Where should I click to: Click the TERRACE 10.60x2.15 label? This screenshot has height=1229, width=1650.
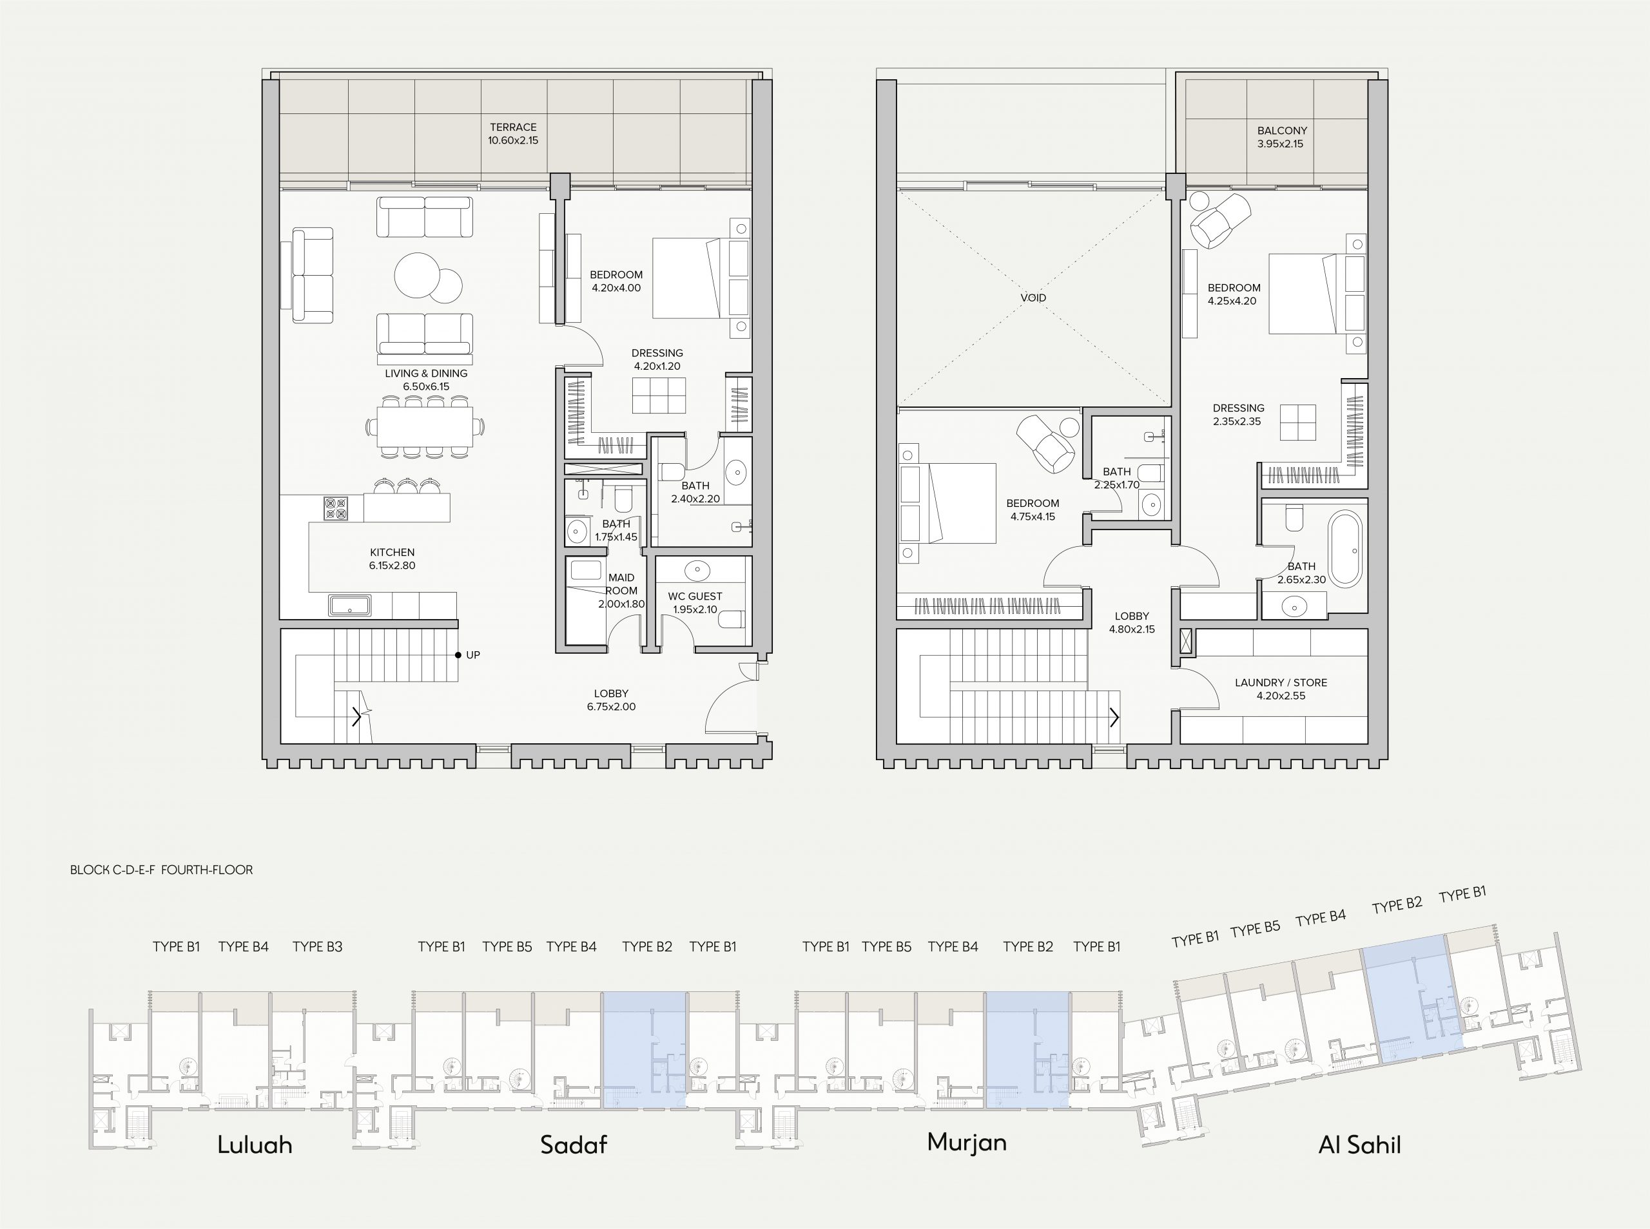[x=513, y=134]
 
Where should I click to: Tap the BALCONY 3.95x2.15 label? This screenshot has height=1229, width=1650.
[x=1281, y=137]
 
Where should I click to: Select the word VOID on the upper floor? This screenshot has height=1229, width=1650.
[x=1033, y=298]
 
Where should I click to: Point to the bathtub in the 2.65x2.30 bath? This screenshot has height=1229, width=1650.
[x=1346, y=549]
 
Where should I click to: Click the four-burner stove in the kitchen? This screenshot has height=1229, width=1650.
[x=336, y=508]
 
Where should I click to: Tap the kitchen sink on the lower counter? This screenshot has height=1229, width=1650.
[x=350, y=605]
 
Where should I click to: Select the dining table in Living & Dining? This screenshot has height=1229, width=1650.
[x=425, y=426]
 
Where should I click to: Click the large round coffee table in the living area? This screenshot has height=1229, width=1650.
[x=418, y=275]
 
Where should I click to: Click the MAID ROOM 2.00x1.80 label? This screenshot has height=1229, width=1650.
[x=621, y=591]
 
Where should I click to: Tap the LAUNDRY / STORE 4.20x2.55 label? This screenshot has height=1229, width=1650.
[x=1281, y=689]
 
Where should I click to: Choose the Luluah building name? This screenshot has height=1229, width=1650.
[x=255, y=1144]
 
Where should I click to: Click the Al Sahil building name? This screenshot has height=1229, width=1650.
[x=1359, y=1144]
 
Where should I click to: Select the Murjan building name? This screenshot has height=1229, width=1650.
[x=967, y=1143]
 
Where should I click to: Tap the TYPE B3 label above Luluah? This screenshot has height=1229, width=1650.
[x=317, y=946]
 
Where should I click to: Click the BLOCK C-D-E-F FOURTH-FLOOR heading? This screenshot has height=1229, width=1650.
[x=162, y=870]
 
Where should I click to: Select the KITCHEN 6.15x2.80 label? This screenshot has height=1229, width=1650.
[x=393, y=558]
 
